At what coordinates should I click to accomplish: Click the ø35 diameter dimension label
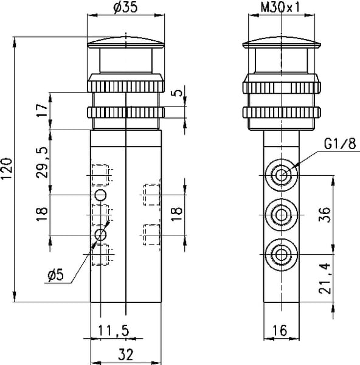[125, 7]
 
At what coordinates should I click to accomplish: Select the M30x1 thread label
[280, 7]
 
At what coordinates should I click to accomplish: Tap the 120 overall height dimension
[6, 169]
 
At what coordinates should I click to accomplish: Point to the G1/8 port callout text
[340, 144]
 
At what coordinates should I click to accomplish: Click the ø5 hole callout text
[55, 275]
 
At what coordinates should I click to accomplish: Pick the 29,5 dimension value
[42, 162]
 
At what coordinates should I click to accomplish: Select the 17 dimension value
[42, 111]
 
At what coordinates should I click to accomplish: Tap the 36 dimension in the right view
[325, 215]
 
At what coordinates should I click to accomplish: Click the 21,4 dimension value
[325, 279]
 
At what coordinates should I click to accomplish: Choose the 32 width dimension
[125, 355]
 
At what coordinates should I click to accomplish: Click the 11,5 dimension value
[113, 330]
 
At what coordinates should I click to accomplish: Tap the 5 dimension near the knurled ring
[178, 93]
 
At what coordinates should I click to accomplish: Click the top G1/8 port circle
[282, 175]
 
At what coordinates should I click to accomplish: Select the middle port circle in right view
[282, 215]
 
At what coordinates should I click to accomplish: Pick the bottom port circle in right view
[282, 254]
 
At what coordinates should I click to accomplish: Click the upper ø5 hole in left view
[100, 195]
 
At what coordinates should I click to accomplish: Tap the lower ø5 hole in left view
[100, 235]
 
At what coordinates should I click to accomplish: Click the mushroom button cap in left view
[126, 43]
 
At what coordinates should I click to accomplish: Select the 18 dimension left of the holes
[42, 214]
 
